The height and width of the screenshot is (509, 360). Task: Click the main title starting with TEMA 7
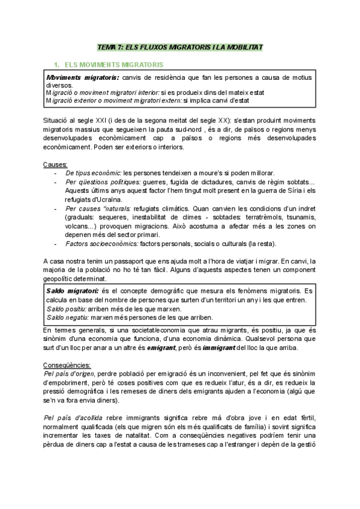pyautogui.click(x=180, y=47)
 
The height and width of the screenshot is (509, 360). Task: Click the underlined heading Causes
pyautogui.click(x=55, y=164)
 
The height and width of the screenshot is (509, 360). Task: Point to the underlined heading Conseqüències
pyautogui.click(x=67, y=365)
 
